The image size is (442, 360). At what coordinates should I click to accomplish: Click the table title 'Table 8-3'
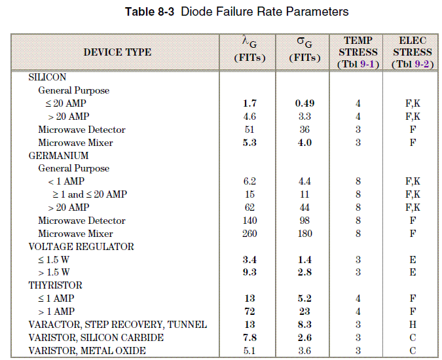coord(150,12)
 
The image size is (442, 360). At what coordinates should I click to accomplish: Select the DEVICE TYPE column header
coord(117,52)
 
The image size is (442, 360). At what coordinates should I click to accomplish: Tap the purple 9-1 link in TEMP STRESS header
coord(367,64)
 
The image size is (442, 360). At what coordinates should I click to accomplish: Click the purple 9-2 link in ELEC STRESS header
coord(422,64)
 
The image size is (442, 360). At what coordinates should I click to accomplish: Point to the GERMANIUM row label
coord(59,156)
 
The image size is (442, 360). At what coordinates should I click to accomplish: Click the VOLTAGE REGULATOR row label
coord(81,247)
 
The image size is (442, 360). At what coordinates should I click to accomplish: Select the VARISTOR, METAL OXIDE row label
coord(87,350)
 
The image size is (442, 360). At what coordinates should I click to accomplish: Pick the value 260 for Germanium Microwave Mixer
coord(249,234)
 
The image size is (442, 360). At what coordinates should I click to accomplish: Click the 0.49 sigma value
coord(304,103)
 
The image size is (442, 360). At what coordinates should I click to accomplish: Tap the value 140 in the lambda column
coord(249,221)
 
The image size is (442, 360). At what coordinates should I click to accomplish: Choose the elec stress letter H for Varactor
coord(413,325)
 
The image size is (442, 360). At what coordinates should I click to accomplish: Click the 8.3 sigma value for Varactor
coord(304,325)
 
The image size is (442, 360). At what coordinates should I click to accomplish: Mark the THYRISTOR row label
coord(55,285)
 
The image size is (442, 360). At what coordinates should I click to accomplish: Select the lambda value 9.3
coord(249,272)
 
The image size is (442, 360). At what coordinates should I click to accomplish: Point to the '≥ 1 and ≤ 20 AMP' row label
coord(90,194)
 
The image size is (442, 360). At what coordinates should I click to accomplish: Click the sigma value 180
coord(304,234)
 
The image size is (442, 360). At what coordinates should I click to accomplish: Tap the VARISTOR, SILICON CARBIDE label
coord(96,338)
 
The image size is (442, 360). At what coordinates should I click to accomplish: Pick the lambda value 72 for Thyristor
coord(249,312)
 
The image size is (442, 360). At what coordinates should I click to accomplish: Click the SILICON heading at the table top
coord(47,77)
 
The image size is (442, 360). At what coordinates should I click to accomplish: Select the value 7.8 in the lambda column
coord(249,338)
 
